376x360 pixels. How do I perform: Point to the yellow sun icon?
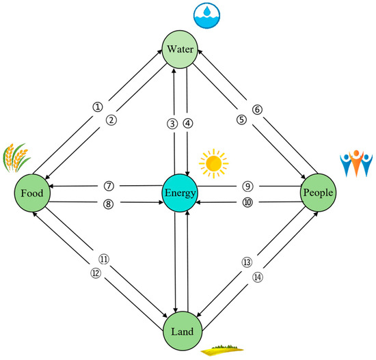tap(213, 163)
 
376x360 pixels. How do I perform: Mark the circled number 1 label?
tap(98, 107)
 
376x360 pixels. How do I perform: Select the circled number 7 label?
tap(108, 186)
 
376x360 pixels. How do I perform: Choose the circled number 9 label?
tap(247, 186)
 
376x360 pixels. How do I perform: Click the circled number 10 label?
tap(247, 202)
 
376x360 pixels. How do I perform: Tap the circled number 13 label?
tap(247, 262)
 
